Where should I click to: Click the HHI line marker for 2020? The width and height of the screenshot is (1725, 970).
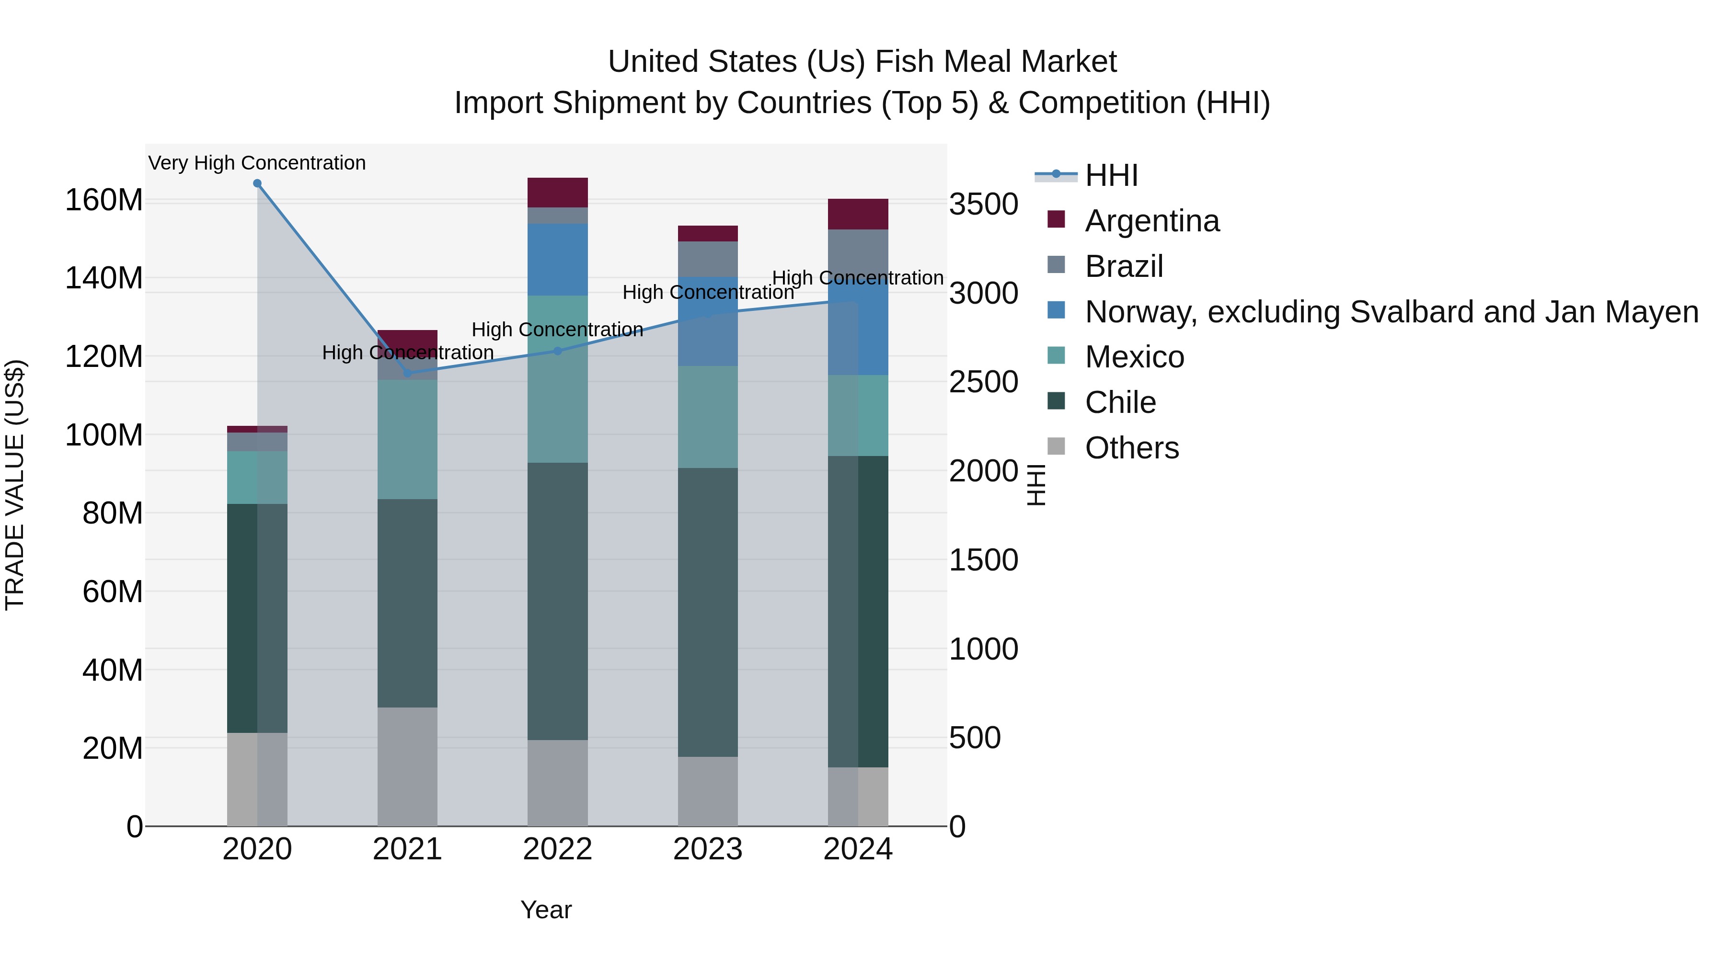[x=257, y=183]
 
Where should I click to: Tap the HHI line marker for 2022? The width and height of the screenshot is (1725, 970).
[x=558, y=351]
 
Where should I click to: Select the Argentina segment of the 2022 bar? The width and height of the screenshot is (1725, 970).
[x=558, y=193]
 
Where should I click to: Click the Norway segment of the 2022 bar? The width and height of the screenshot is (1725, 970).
[x=558, y=260]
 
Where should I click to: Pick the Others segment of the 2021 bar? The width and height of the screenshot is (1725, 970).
[x=407, y=766]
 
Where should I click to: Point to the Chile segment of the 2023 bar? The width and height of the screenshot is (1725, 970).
[x=708, y=613]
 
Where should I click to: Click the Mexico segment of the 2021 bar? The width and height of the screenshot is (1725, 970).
[x=407, y=440]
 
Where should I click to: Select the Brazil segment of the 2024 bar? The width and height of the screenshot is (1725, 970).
[x=858, y=254]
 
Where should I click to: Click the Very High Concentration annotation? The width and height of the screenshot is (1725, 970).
[x=257, y=163]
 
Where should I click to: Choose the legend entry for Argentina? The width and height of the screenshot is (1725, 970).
[x=1152, y=221]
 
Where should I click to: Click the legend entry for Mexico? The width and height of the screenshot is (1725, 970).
[x=1134, y=357]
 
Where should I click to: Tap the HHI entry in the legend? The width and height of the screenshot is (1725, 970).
[x=1112, y=175]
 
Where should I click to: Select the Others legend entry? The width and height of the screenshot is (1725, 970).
[x=1132, y=448]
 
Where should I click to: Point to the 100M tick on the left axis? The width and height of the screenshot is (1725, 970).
[x=104, y=435]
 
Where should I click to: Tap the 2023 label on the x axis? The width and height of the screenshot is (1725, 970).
[x=708, y=849]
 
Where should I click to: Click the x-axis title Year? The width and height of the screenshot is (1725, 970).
[x=546, y=910]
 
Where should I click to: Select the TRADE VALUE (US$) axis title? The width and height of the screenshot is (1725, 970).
[x=15, y=485]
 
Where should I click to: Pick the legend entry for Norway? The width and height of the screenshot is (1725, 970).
[x=1391, y=312]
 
